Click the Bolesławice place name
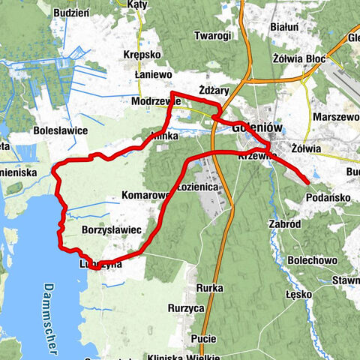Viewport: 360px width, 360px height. [61, 130]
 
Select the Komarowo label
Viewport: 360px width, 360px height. [142, 196]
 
